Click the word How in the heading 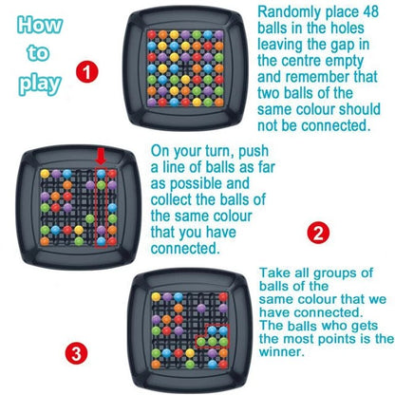pos(41,26)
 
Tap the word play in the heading pos(40,83)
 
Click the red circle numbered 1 pos(86,69)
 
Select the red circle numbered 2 pos(320,232)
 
